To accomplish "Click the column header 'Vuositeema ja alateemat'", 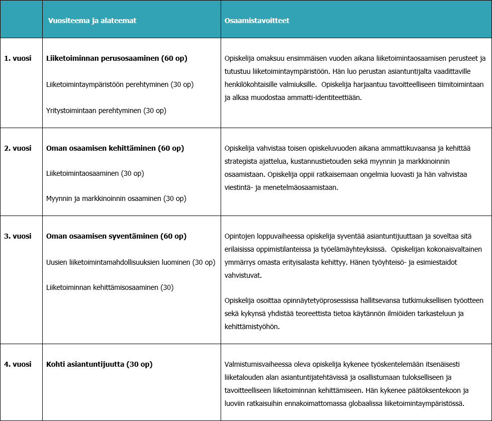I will (92, 21).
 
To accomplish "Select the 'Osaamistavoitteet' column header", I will (257, 21).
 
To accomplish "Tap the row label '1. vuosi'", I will (18, 59).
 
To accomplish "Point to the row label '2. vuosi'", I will (18, 148).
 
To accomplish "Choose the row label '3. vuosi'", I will (18, 236).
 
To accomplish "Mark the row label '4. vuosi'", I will (18, 364).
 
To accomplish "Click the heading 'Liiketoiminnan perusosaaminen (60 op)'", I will (117, 59).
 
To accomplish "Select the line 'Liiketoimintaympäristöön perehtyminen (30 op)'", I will (120, 84).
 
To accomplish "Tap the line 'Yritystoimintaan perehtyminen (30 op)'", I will (106, 110).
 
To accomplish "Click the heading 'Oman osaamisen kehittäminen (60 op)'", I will (115, 148).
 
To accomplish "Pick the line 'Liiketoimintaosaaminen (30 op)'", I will (95, 173).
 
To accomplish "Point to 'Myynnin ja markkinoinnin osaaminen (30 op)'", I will (116, 198).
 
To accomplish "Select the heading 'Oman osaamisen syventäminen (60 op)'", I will (116, 236).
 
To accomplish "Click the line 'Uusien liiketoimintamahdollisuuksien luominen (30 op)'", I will (131, 262).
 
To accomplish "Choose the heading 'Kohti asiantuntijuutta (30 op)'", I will (99, 364).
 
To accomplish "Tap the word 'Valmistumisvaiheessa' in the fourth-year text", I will (257, 364).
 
